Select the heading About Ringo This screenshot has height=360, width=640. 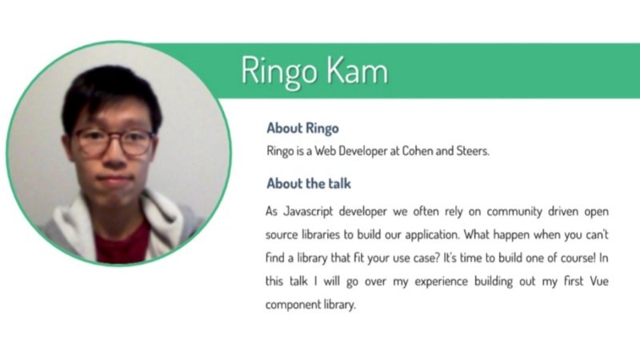302,128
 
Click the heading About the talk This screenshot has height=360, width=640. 309,184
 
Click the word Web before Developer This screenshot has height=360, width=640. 329,150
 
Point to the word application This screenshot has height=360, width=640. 430,236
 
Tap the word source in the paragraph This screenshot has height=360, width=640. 282,236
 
